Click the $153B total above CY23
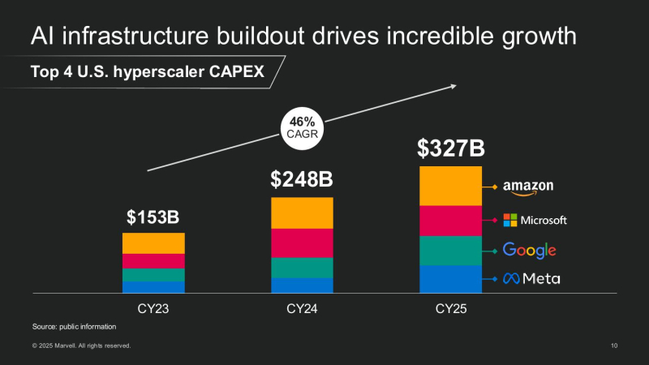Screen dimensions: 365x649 coord(153,217)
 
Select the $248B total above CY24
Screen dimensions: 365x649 coord(301,180)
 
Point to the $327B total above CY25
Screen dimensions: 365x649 coord(450,148)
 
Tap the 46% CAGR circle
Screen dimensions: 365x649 coord(301,128)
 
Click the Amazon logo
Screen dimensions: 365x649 coord(528,187)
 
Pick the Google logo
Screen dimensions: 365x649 coord(529,250)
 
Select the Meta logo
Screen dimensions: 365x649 coord(531,279)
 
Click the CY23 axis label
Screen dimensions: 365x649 coord(153,309)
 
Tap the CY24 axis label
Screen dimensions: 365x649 coord(301,309)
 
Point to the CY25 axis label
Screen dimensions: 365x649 coord(450,309)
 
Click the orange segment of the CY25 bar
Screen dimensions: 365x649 coord(450,186)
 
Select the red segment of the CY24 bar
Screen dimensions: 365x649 coord(301,243)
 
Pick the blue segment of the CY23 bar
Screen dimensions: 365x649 coord(153,286)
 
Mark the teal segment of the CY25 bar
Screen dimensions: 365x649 coord(450,250)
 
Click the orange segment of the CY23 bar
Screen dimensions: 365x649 coord(153,243)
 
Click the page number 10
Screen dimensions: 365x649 coord(614,346)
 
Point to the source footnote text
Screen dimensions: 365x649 coord(75,326)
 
